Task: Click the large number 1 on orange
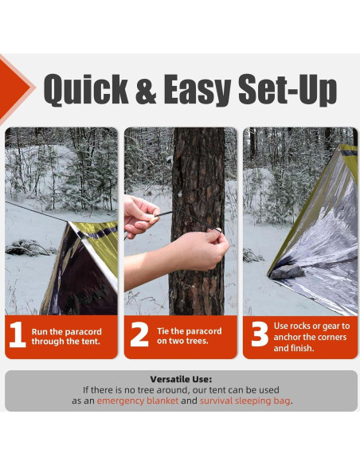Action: [18, 335]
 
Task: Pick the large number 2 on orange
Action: [139, 335]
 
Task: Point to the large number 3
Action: [259, 335]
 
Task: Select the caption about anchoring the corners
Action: [311, 336]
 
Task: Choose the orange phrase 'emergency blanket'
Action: [137, 401]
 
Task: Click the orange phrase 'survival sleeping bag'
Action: [245, 401]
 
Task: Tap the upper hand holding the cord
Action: [140, 213]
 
